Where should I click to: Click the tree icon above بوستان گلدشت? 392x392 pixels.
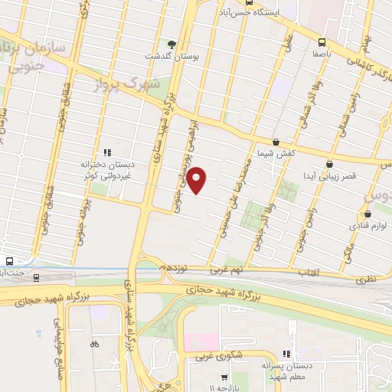click(x=172, y=44)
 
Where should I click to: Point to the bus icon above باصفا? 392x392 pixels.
click(x=322, y=43)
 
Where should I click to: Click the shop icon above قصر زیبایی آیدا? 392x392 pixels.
click(x=329, y=164)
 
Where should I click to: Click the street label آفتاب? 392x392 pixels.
click(x=307, y=273)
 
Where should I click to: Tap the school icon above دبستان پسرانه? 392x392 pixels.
click(x=286, y=354)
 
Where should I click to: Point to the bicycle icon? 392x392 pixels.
click(x=94, y=344)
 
